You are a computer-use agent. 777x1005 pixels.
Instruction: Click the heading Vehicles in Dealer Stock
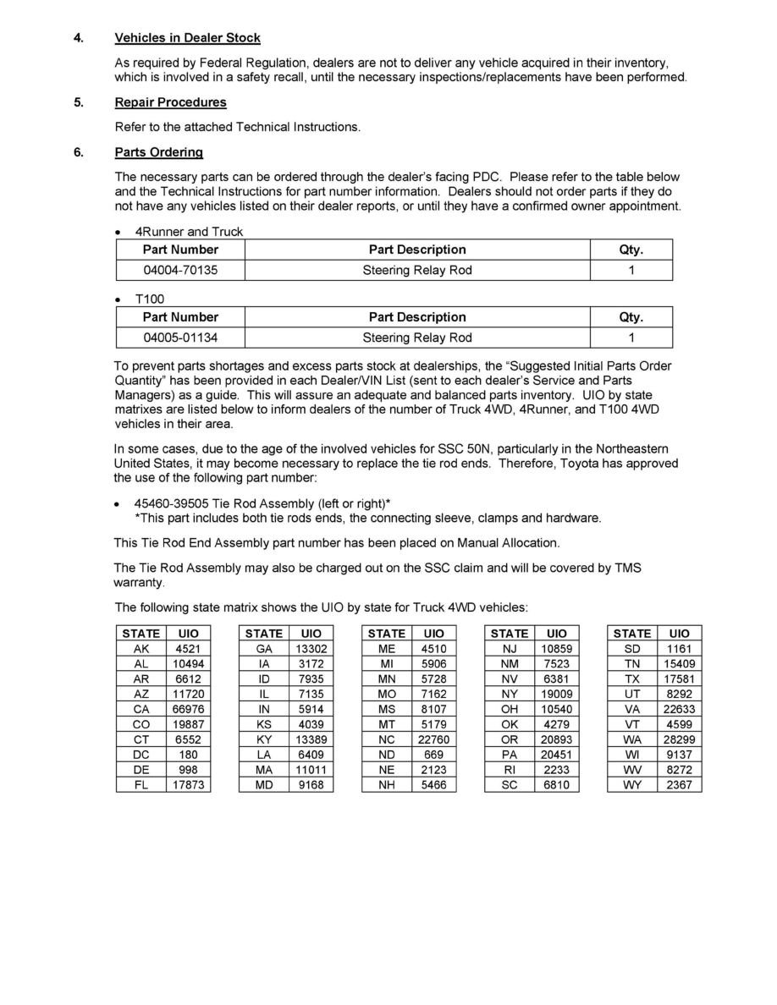[x=187, y=38]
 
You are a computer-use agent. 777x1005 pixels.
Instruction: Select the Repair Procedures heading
[x=170, y=102]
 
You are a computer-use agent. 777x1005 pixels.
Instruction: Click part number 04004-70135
[x=180, y=271]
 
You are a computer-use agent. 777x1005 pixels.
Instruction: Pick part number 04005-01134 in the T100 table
[x=180, y=338]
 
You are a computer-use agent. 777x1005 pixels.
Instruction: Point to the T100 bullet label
[x=149, y=299]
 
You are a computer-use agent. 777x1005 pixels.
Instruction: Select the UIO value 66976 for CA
[x=189, y=709]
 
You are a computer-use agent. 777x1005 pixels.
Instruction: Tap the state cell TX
[x=632, y=678]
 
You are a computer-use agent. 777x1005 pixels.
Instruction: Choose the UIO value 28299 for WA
[x=679, y=739]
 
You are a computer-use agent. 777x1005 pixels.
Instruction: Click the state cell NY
[x=510, y=694]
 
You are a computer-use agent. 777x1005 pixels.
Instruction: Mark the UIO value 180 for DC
[x=189, y=755]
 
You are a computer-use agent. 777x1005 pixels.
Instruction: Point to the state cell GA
[x=264, y=648]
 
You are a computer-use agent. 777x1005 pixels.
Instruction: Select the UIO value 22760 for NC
[x=433, y=739]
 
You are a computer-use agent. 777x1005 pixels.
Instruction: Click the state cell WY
[x=632, y=785]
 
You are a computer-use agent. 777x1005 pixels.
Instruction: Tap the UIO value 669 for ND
[x=433, y=755]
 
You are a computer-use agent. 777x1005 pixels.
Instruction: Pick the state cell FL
[x=141, y=785]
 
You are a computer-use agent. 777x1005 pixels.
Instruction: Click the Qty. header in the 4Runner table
[x=631, y=250]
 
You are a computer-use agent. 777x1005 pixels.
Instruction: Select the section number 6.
[x=78, y=152]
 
